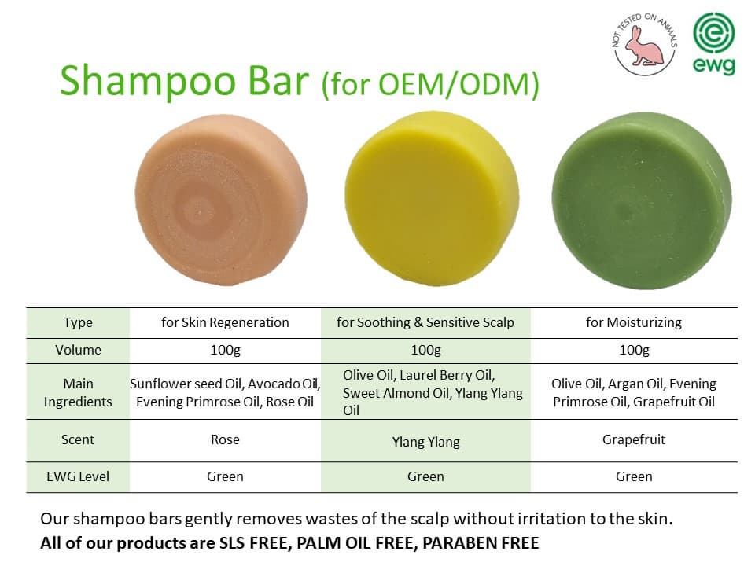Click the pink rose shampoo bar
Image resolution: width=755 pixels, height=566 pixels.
tap(221, 200)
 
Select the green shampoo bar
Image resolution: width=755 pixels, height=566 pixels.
tap(642, 200)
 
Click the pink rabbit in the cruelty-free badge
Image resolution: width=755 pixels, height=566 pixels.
tap(644, 46)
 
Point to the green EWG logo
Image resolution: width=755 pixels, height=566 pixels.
tap(714, 43)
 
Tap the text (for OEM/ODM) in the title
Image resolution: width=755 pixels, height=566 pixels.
tap(430, 84)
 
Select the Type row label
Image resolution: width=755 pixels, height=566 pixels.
tap(78, 322)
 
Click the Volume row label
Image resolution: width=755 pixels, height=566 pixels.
tap(78, 350)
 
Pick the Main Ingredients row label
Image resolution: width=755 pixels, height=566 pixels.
tap(78, 392)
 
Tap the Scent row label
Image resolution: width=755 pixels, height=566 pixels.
tap(78, 439)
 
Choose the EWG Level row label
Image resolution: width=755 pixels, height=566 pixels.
tap(78, 476)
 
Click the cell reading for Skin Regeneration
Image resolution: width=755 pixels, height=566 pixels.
tap(225, 322)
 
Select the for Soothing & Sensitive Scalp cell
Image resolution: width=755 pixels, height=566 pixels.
tap(425, 322)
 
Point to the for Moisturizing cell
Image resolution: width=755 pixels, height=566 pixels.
tap(634, 322)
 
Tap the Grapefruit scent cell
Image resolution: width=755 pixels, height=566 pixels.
tap(634, 439)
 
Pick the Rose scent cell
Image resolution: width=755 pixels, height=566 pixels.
tap(225, 439)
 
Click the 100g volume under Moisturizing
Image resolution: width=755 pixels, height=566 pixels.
tap(634, 350)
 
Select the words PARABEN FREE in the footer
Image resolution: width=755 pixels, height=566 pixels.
tap(481, 543)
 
